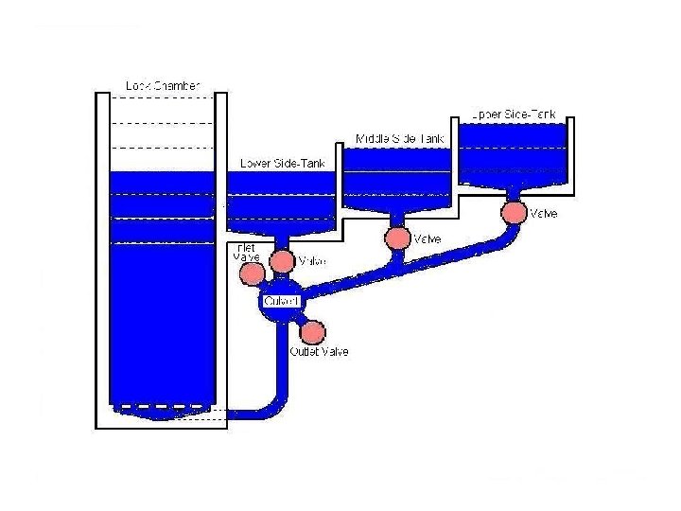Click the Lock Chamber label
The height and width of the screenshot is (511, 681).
[x=163, y=86]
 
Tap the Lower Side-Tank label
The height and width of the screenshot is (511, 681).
[x=283, y=163]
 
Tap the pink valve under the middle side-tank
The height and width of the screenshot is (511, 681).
[x=397, y=238]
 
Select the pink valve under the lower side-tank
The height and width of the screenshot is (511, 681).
[x=282, y=261]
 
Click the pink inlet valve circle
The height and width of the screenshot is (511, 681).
[x=253, y=273]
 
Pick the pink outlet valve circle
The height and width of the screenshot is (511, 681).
[x=312, y=332]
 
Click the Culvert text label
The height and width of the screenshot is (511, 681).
[x=281, y=301]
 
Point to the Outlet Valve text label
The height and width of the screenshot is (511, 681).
[x=319, y=352]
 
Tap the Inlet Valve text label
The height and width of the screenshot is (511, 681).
[x=245, y=253]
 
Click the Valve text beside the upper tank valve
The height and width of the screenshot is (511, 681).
[x=544, y=214]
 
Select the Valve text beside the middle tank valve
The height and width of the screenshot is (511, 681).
[x=428, y=238]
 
